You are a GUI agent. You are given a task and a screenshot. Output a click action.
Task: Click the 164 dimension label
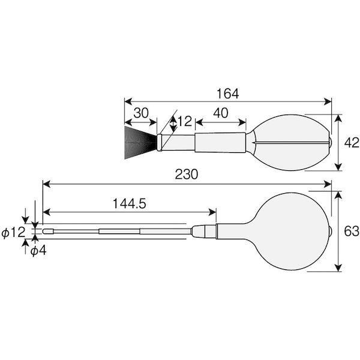pos(228,94)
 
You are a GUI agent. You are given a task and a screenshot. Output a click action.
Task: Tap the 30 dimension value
pos(141,113)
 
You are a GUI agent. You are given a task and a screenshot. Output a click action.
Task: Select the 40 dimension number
pos(221,113)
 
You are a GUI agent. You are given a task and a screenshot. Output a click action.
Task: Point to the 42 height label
pos(351,143)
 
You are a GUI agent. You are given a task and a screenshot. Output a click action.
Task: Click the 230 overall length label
pos(186,174)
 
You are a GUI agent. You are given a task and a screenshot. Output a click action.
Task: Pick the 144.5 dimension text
pos(130,203)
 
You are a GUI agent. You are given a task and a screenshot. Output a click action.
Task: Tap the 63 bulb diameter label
pos(351,231)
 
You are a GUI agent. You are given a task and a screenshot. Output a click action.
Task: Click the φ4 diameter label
pos(38,251)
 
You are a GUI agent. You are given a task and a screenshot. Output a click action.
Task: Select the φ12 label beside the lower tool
pos(13,233)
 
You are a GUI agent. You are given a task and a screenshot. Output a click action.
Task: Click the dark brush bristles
pos(140,142)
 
